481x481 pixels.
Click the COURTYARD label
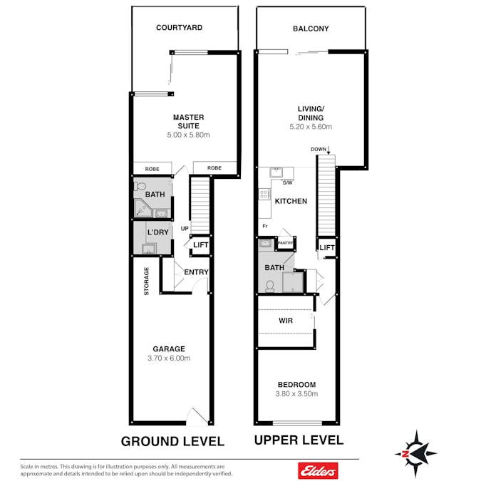click(x=179, y=28)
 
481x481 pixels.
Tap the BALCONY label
click(x=311, y=29)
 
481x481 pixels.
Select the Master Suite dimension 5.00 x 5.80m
click(x=188, y=135)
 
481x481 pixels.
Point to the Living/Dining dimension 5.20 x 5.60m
click(x=311, y=126)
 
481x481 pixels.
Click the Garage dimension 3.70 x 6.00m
click(x=169, y=358)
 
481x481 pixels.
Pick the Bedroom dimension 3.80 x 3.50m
click(x=296, y=393)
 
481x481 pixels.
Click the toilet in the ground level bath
click(x=140, y=186)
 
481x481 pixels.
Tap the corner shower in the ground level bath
click(x=143, y=208)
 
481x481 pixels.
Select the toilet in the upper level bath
click(x=270, y=286)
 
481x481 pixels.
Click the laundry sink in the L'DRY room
click(x=149, y=248)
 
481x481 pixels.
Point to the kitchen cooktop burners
click(x=264, y=194)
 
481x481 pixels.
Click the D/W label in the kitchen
click(x=287, y=183)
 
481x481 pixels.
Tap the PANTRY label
click(x=285, y=243)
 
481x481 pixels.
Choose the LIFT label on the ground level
click(x=201, y=245)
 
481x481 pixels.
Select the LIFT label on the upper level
click(x=327, y=247)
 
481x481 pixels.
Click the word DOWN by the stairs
click(x=319, y=150)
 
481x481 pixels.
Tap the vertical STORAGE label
click(x=146, y=281)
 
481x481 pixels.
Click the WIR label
click(x=286, y=321)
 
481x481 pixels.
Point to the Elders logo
click(x=318, y=470)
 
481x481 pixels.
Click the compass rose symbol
click(x=415, y=453)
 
